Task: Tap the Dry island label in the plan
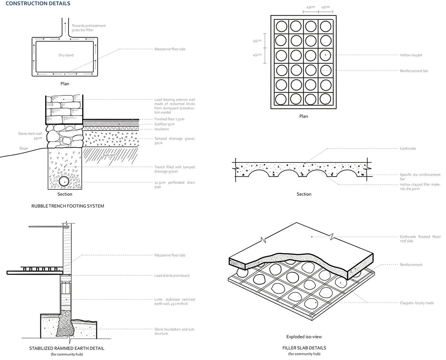pyautogui.click(x=66, y=55)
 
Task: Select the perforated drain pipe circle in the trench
pyautogui.click(x=64, y=181)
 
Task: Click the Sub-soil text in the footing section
pyautogui.click(x=109, y=155)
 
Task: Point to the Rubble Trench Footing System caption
pyautogui.click(x=68, y=206)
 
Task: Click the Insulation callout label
pyautogui.click(x=162, y=129)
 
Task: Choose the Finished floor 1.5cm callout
pyautogui.click(x=169, y=119)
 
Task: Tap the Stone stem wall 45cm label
pyautogui.click(x=30, y=136)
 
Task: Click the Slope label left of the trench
pyautogui.click(x=24, y=149)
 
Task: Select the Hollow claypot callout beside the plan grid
pyautogui.click(x=411, y=55)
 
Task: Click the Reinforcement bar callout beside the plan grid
pyautogui.click(x=414, y=71)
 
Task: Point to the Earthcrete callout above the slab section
pyautogui.click(x=408, y=149)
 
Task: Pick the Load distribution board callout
pyautogui.click(x=172, y=276)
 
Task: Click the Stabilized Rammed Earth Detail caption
pyautogui.click(x=67, y=348)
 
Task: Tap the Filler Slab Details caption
pyautogui.click(x=304, y=348)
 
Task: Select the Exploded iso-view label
pyautogui.click(x=304, y=337)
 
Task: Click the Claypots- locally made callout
pyautogui.click(x=417, y=303)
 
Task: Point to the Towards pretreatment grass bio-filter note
pyautogui.click(x=88, y=27)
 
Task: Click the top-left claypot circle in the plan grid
pyautogui.click(x=281, y=26)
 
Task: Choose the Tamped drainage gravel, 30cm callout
pyautogui.click(x=174, y=141)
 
